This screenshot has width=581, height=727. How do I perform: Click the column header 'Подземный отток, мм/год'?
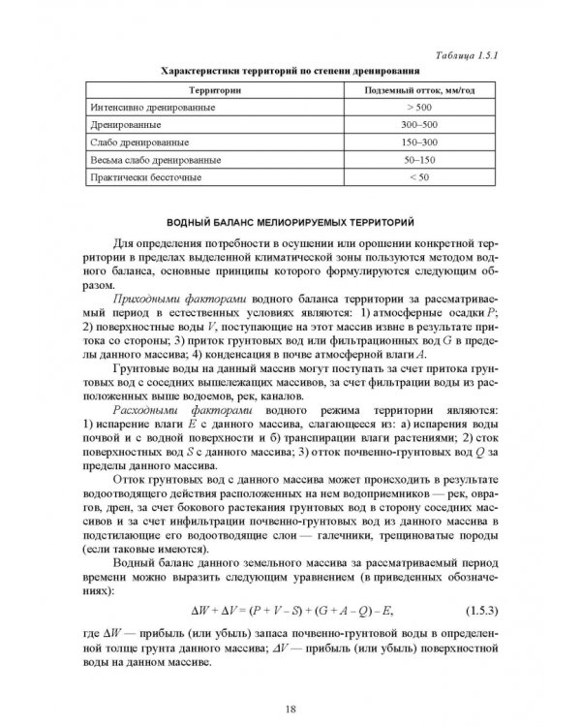pos(417,90)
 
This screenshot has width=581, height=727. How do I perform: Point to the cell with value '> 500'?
pos(417,108)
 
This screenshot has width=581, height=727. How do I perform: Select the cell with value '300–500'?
pos(417,125)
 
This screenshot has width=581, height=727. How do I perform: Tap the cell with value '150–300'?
pos(417,142)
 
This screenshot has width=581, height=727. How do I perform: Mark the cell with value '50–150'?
pos(417,160)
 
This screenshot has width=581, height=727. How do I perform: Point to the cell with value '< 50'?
pos(417,178)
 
